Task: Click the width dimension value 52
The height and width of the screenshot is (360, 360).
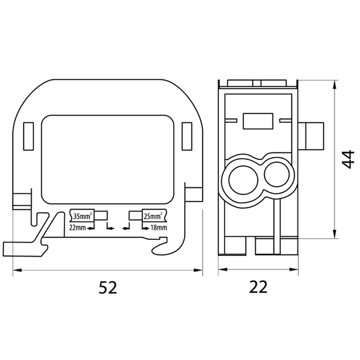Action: coord(108,287)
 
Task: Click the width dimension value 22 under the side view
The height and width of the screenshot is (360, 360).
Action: coord(259,287)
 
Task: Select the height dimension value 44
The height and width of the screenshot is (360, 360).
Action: coord(348,159)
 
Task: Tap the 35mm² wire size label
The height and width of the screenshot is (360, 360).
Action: coord(82,216)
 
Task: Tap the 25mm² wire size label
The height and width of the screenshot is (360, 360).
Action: coord(153,216)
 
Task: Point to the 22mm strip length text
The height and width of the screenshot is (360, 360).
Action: coord(77,228)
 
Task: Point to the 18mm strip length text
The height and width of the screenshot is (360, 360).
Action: coord(159,228)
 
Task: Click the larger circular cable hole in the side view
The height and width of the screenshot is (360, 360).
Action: coord(243,179)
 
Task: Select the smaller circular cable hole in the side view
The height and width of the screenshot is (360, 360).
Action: coord(277,175)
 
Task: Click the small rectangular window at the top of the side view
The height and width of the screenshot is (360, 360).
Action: coord(258,121)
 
